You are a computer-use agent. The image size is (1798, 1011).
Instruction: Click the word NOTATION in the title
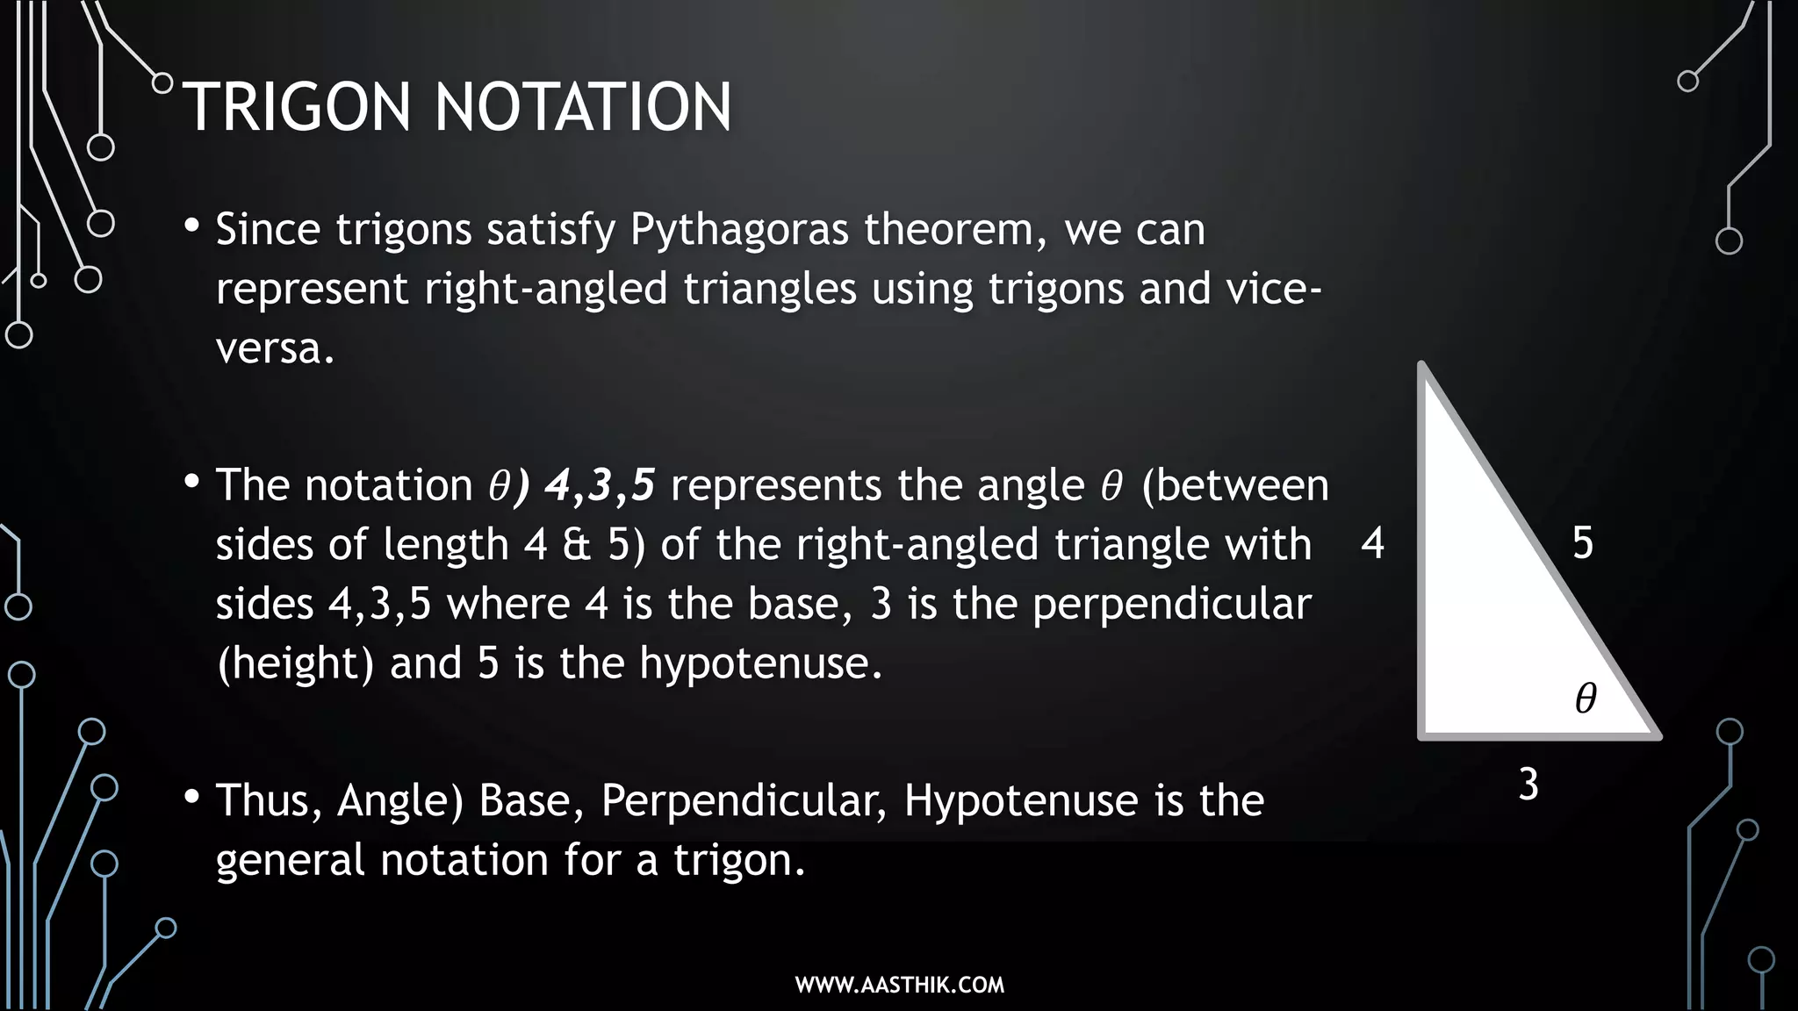[x=583, y=107]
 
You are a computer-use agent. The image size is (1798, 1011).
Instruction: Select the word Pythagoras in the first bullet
[x=739, y=230]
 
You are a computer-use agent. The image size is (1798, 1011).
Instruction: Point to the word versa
[x=274, y=349]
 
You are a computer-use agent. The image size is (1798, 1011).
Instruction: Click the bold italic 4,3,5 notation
[x=600, y=485]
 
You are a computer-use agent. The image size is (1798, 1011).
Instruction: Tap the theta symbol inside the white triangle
[x=1586, y=699]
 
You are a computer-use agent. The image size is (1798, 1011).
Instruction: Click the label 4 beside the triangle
[x=1372, y=543]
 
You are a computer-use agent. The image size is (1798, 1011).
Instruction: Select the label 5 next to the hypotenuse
[x=1582, y=543]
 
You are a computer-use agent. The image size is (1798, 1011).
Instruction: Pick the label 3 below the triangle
[x=1528, y=785]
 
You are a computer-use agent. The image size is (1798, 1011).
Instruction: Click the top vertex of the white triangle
[x=1422, y=367]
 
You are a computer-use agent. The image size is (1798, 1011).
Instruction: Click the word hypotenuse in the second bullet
[x=759, y=663]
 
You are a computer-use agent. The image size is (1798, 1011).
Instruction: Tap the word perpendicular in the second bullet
[x=1171, y=605]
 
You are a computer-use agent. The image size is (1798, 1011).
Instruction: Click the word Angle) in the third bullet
[x=399, y=801]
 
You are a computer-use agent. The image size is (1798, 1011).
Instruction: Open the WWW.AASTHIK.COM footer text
[x=899, y=985]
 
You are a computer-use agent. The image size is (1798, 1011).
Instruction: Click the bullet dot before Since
[x=192, y=226]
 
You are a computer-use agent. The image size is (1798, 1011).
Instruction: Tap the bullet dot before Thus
[x=192, y=798]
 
